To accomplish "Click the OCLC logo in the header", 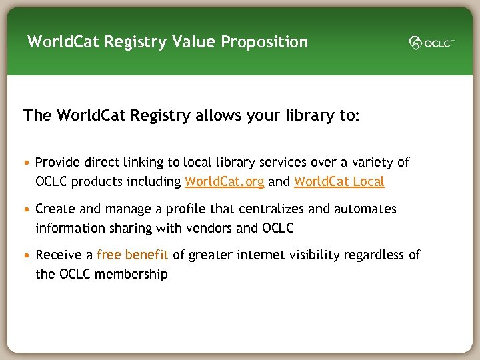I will (x=432, y=43).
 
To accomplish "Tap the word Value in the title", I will (x=193, y=42).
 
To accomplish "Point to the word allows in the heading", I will (x=217, y=115).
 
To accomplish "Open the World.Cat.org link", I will (x=224, y=181).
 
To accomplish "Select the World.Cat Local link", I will (x=339, y=181).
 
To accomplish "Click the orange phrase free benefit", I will (x=133, y=255).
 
